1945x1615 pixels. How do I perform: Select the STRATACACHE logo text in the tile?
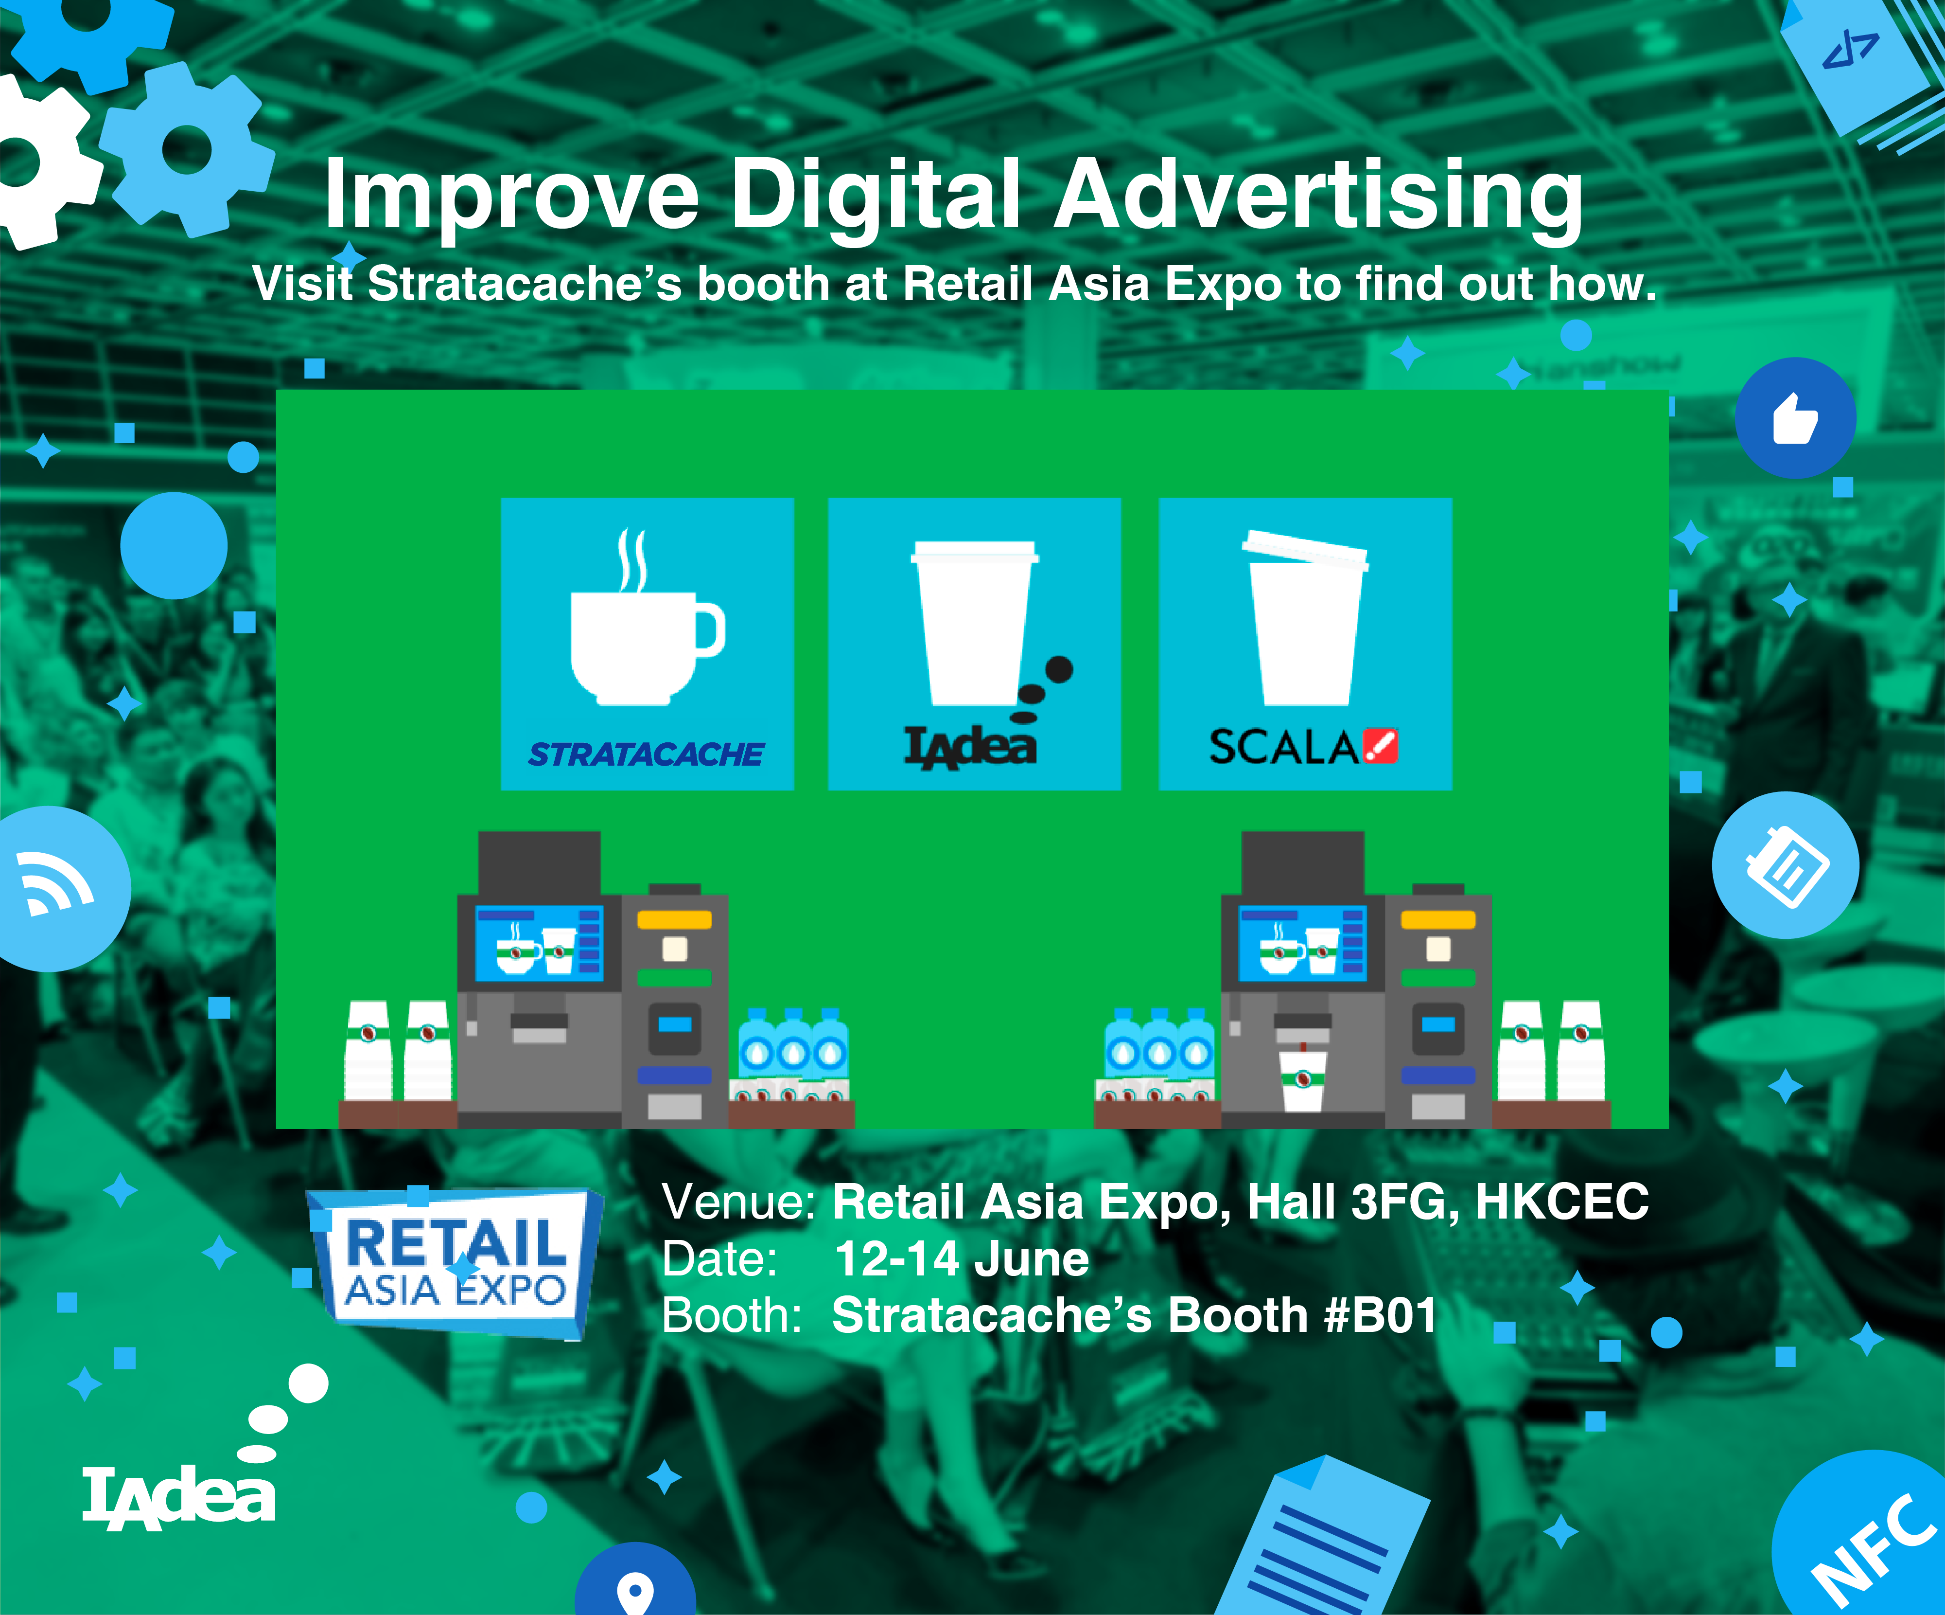pos(646,754)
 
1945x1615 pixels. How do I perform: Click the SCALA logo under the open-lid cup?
pos(1303,747)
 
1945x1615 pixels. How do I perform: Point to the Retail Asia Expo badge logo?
pos(455,1262)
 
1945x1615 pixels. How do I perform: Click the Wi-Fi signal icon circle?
pos(55,888)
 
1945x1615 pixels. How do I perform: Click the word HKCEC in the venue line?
pos(1561,1202)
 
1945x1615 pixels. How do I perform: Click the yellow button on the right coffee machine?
pos(1437,920)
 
